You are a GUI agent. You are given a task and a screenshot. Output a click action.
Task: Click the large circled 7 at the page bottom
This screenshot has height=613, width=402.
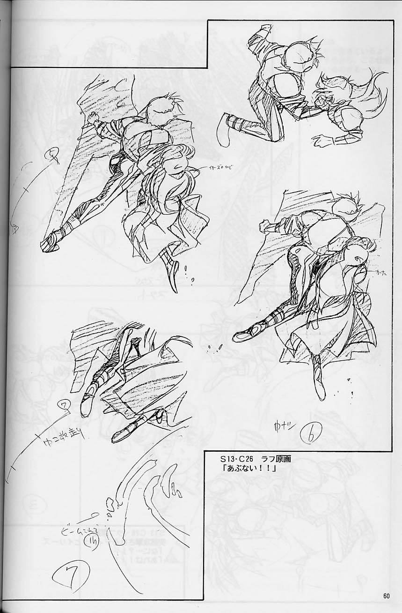[70, 573]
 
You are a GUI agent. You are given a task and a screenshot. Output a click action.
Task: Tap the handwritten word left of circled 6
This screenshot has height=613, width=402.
[283, 427]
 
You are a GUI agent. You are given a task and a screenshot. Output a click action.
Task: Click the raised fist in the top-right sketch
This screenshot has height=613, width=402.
[263, 32]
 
